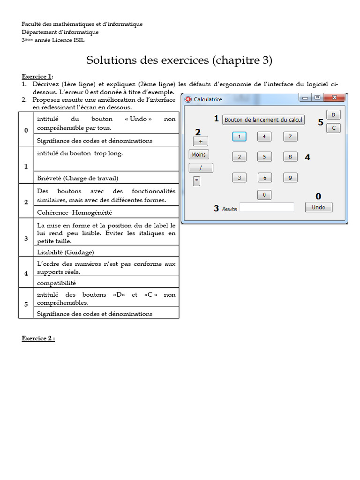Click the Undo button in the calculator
[318, 207]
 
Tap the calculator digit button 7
[290, 137]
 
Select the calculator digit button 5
[264, 157]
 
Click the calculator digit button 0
[264, 195]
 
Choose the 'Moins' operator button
[199, 155]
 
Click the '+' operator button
[201, 141]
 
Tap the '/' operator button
[201, 168]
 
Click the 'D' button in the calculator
[333, 115]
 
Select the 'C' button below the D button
[333, 128]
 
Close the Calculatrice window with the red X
[335, 97]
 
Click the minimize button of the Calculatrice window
[306, 97]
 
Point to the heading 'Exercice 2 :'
[38, 338]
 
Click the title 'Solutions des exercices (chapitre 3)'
[180, 60]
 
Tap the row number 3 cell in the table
[26, 239]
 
